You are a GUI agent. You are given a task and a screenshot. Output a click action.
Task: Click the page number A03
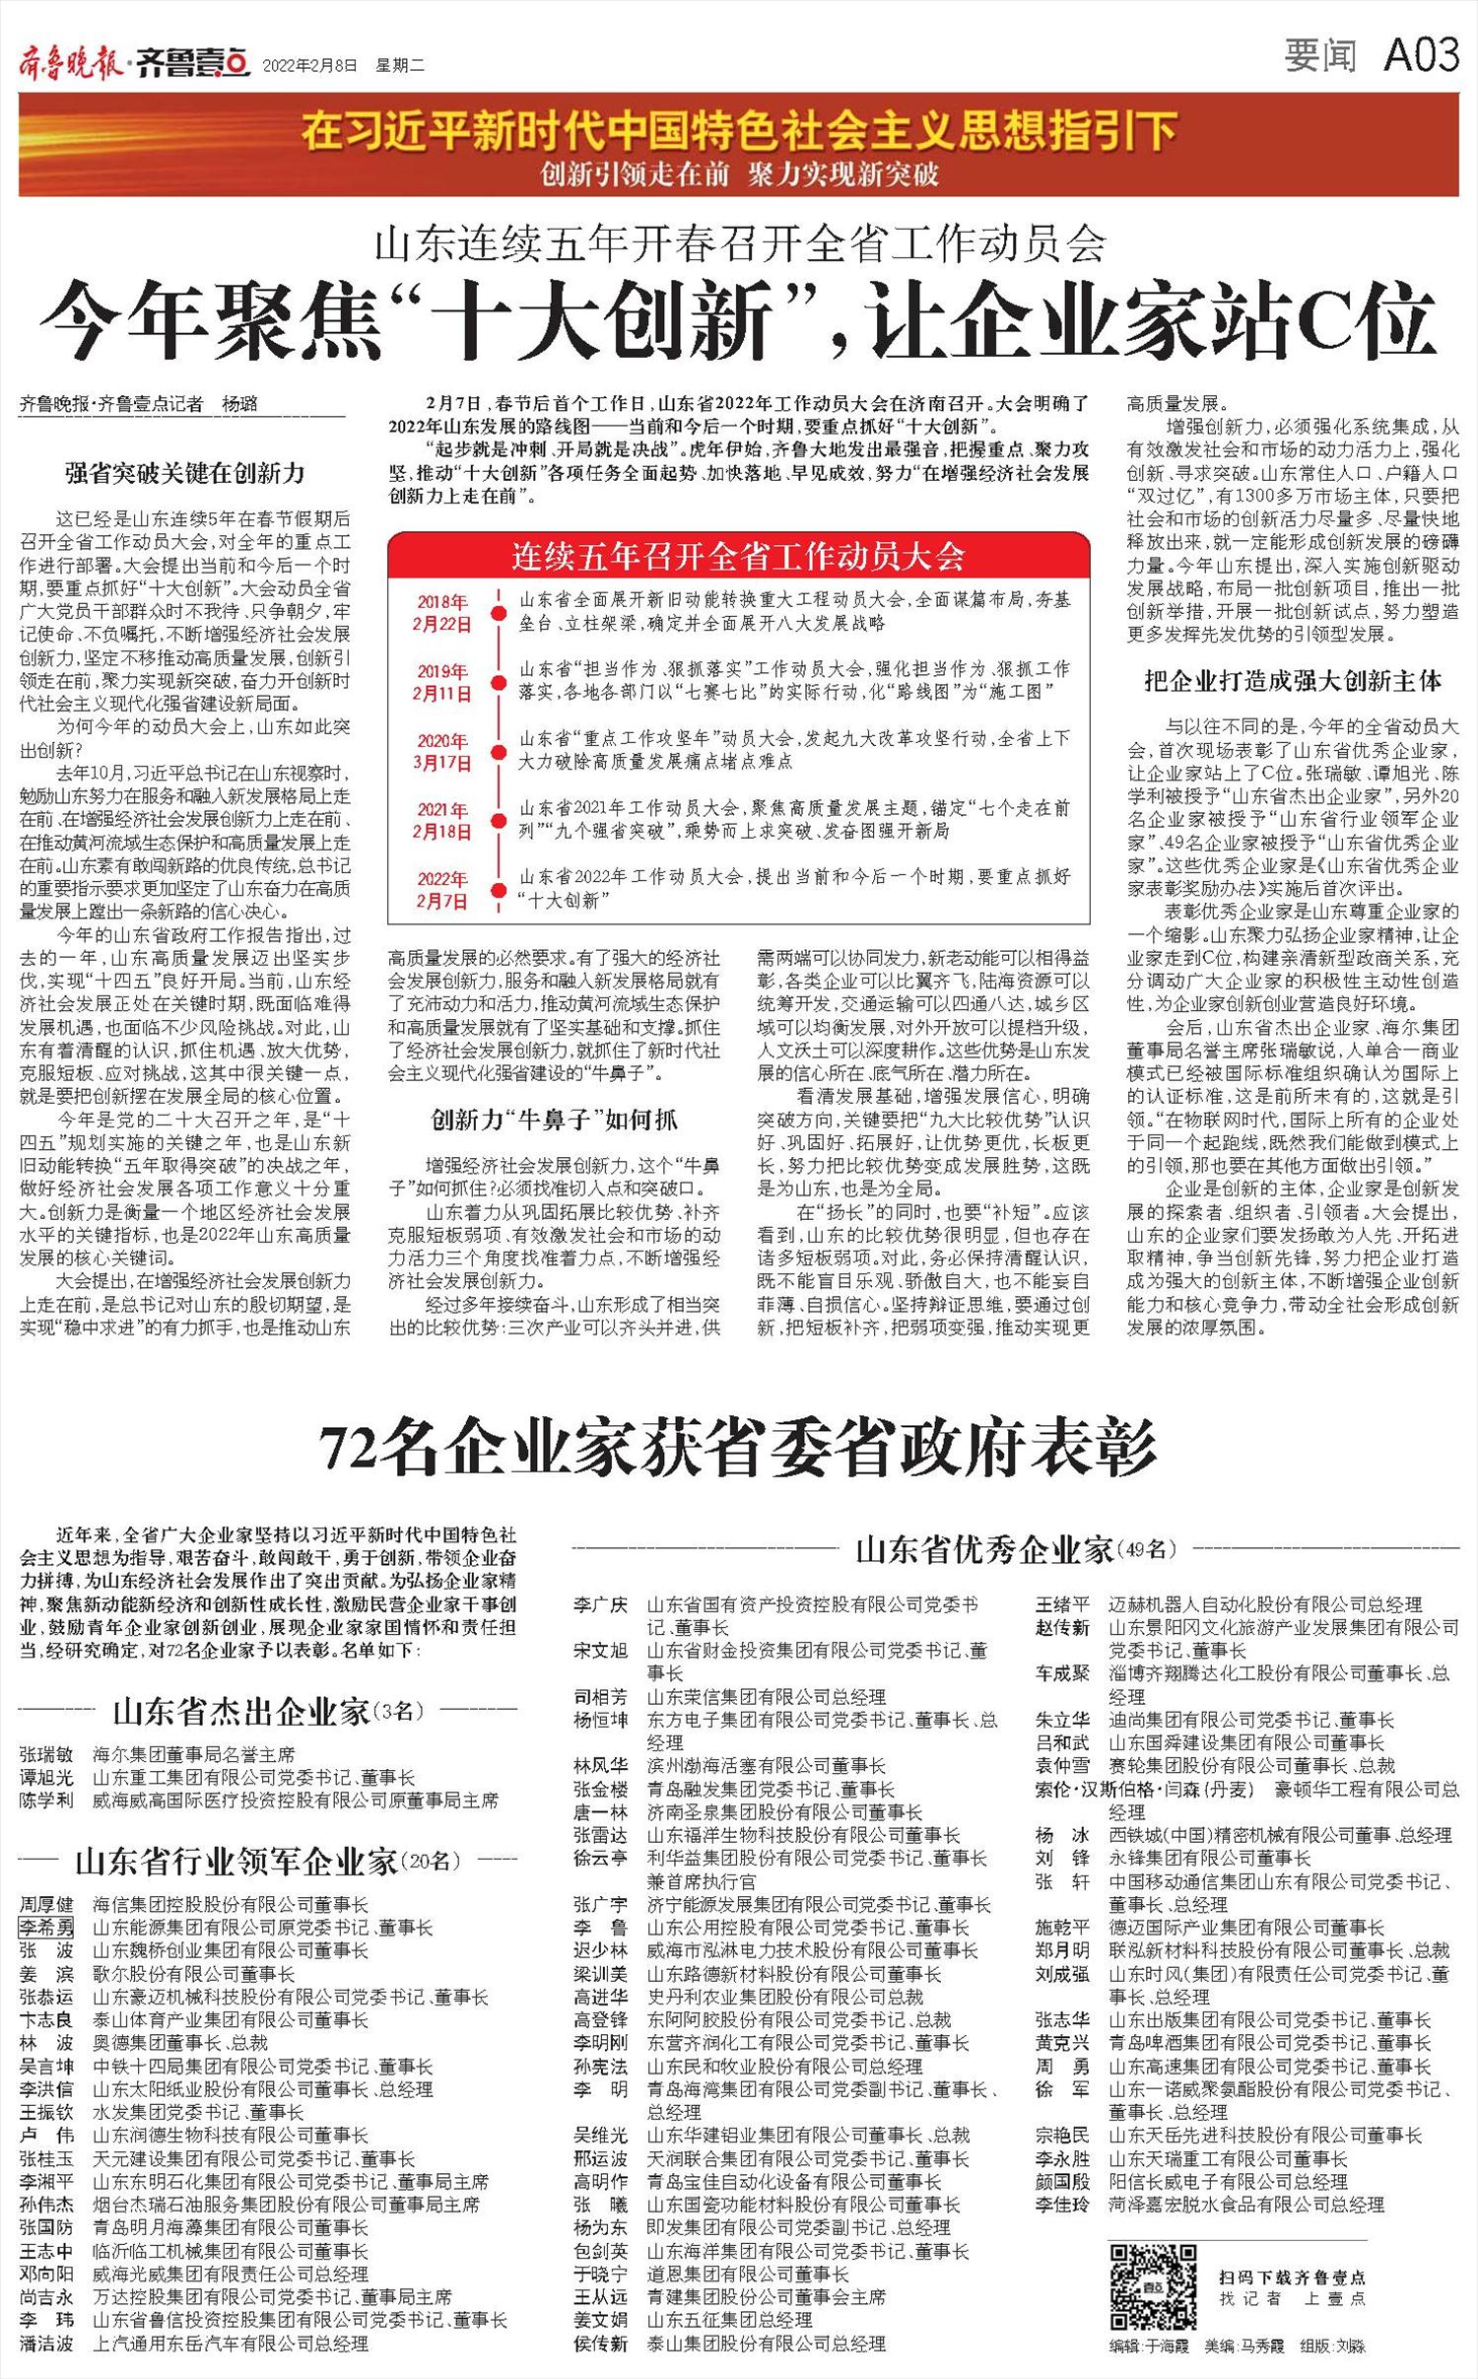click(1420, 56)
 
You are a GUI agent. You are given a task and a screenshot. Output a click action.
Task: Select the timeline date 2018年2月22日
click(442, 613)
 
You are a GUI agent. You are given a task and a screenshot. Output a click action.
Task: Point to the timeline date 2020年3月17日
click(442, 751)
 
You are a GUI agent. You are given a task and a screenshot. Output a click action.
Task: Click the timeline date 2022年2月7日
click(442, 889)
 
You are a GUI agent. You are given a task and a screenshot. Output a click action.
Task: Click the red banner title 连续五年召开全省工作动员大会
click(738, 557)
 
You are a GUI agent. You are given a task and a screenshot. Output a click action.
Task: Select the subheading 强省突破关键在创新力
click(185, 473)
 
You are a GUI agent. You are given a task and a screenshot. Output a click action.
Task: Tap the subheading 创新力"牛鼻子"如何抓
click(555, 1120)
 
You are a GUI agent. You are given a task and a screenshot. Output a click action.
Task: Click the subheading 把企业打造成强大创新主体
click(1293, 680)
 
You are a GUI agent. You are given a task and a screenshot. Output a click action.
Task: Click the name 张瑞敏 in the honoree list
click(46, 1755)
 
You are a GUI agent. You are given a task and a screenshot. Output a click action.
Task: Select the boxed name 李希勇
click(46, 1928)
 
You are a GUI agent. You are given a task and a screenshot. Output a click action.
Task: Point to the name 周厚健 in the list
click(46, 1905)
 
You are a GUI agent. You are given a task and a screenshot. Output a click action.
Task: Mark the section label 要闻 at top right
click(1319, 56)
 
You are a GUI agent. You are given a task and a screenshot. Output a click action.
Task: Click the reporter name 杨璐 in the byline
click(244, 404)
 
